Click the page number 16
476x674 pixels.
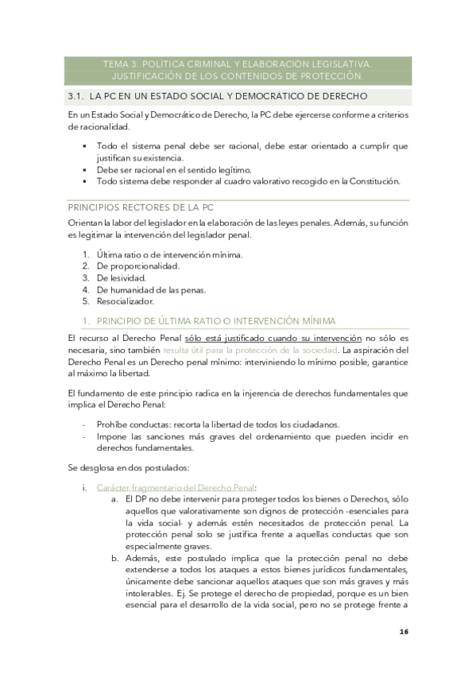(404, 632)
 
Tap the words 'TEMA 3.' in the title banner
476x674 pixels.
(123, 64)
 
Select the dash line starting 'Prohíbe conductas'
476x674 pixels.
(218, 424)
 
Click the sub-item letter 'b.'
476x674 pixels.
(115, 560)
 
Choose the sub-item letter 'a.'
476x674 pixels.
(115, 498)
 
